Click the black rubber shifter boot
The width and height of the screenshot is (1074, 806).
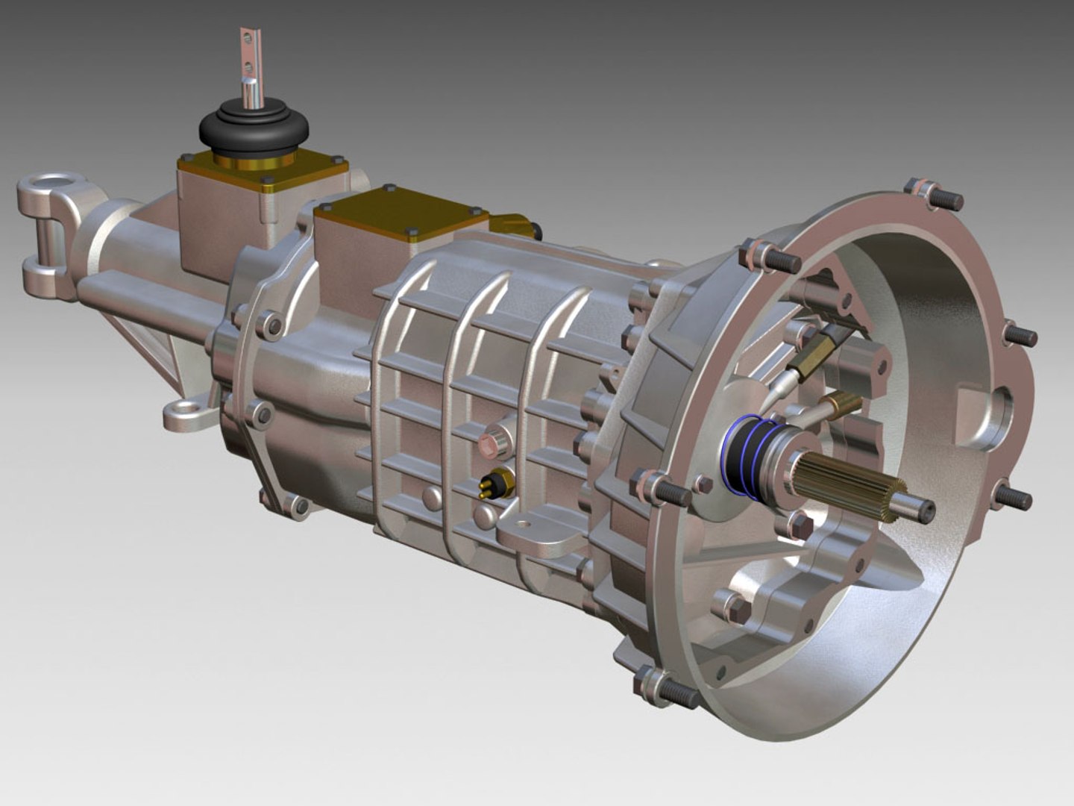pos(254,134)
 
